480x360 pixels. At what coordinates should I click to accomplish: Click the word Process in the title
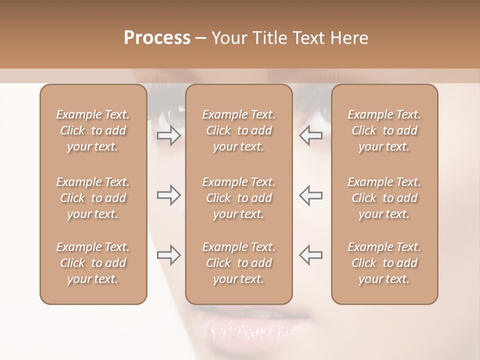(157, 38)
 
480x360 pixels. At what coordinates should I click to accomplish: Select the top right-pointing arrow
(168, 135)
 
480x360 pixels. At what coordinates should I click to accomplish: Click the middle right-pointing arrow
(168, 195)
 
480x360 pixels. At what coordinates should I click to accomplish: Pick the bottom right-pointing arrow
(168, 254)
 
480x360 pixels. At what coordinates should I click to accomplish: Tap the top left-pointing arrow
(311, 135)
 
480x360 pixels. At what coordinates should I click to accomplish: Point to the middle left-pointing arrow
(311, 195)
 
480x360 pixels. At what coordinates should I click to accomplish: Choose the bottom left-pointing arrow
(311, 254)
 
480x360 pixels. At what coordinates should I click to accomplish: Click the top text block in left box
(93, 130)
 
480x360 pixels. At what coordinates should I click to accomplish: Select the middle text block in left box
(93, 198)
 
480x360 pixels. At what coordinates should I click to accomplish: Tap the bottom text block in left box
(93, 263)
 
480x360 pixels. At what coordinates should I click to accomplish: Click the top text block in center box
(238, 130)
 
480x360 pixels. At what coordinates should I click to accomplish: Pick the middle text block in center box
(238, 198)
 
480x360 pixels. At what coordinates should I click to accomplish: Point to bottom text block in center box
(238, 263)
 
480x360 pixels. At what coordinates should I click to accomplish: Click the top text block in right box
(384, 130)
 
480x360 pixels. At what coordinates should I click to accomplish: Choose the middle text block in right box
(384, 198)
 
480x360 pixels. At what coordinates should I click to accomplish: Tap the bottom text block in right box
(384, 263)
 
